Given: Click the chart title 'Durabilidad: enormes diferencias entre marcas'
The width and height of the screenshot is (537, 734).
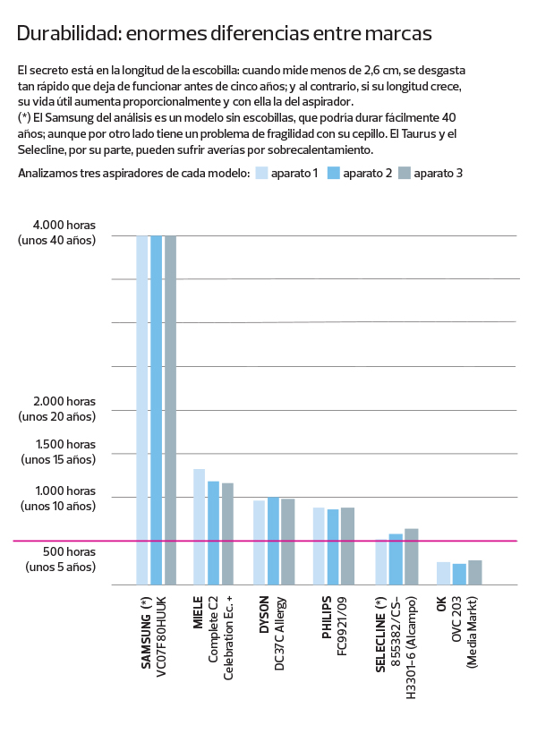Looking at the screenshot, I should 224,34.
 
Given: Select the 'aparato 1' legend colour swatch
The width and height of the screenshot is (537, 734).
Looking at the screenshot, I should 261,173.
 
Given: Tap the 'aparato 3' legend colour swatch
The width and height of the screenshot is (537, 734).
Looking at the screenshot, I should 404,173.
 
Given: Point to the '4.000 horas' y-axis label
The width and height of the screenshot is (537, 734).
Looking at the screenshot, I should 65,225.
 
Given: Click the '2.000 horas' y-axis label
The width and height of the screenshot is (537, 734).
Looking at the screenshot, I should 65,401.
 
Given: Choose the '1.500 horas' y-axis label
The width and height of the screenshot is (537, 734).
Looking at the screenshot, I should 65,444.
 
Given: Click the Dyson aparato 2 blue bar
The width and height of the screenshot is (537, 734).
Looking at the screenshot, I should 273,541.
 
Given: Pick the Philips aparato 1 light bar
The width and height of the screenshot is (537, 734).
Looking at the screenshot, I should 319,546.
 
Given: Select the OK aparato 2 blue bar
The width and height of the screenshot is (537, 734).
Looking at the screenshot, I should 459,574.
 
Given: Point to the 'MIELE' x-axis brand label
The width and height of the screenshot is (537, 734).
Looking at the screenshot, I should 199,612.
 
